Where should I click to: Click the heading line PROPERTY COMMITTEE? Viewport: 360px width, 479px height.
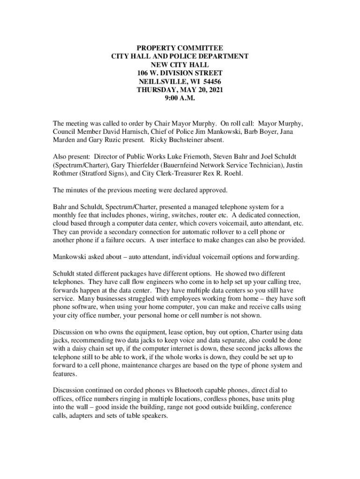[x=180, y=48]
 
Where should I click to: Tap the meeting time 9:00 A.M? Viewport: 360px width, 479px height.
[x=180, y=99]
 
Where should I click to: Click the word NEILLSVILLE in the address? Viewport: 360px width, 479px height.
[x=162, y=82]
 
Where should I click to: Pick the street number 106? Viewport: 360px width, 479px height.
[x=144, y=73]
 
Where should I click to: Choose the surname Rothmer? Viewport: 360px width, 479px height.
[x=66, y=174]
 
